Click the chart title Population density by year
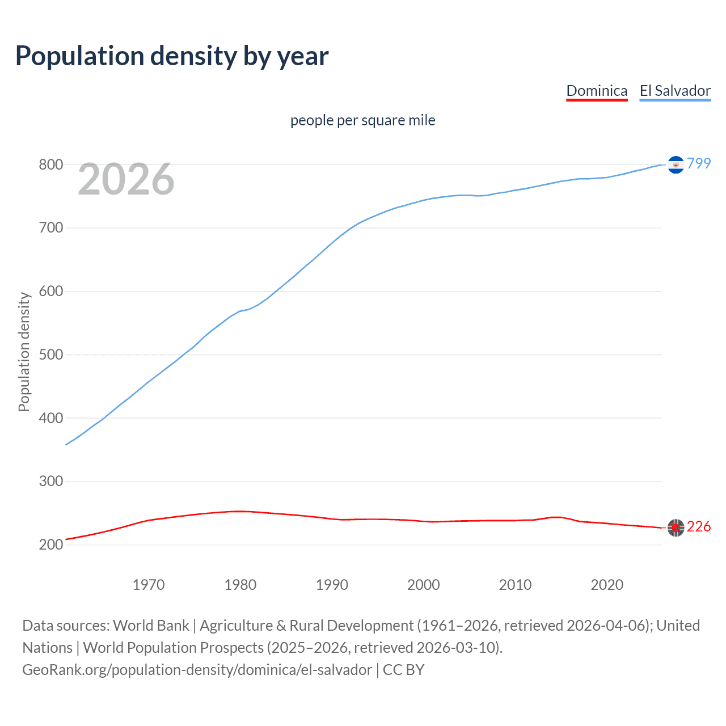point(172,56)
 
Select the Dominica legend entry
point(597,91)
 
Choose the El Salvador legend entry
point(675,91)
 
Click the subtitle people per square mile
point(363,120)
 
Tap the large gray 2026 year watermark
point(126,179)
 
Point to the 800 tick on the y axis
point(50,164)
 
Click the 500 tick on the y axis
point(50,354)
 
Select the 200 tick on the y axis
point(50,544)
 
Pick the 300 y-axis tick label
point(50,481)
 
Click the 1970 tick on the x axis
point(149,584)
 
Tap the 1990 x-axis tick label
point(332,584)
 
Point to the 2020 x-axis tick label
point(607,584)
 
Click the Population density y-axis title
point(24,352)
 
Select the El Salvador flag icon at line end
point(676,164)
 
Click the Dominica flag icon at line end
point(676,527)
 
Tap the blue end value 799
point(699,163)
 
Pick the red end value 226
point(699,527)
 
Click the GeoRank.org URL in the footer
point(197,669)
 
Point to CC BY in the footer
point(403,669)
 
